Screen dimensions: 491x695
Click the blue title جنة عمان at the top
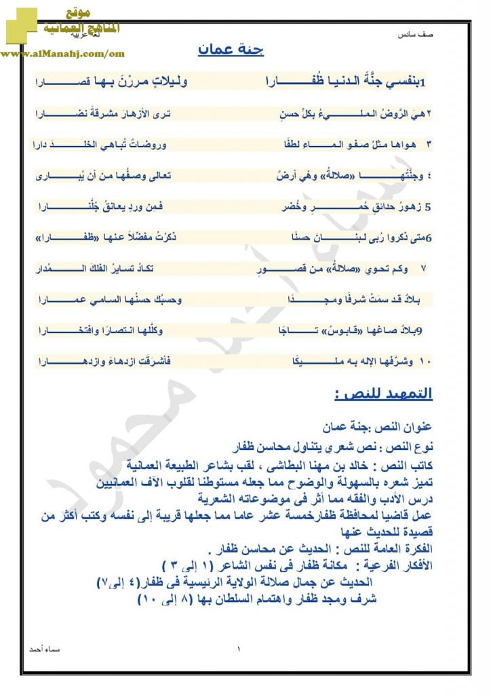coord(231,51)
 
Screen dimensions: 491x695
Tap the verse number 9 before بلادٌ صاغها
coord(419,331)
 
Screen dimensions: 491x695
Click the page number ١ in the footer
coord(239,650)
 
